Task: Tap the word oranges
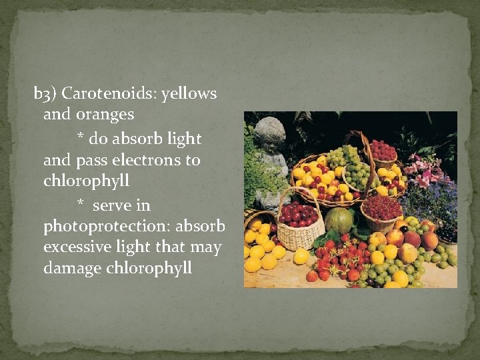(x=107, y=115)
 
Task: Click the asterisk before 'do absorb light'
(x=81, y=139)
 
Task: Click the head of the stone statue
(x=269, y=131)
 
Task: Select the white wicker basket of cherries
(x=299, y=227)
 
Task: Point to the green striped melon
(x=339, y=220)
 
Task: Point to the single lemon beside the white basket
(x=301, y=256)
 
